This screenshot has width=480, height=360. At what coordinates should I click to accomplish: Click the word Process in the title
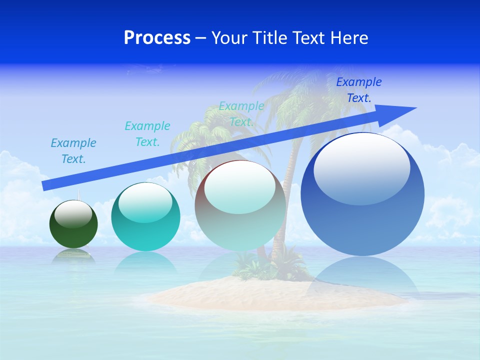point(157,38)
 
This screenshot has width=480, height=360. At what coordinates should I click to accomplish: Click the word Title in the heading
point(269,38)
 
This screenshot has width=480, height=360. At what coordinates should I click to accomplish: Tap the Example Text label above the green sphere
point(73,151)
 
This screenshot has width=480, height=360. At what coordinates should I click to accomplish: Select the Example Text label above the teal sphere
point(147,134)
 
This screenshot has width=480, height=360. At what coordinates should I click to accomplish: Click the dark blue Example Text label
point(359,90)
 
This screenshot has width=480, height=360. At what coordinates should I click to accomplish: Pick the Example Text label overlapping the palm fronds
point(241,114)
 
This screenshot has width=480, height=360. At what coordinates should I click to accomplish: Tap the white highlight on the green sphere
point(73,214)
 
